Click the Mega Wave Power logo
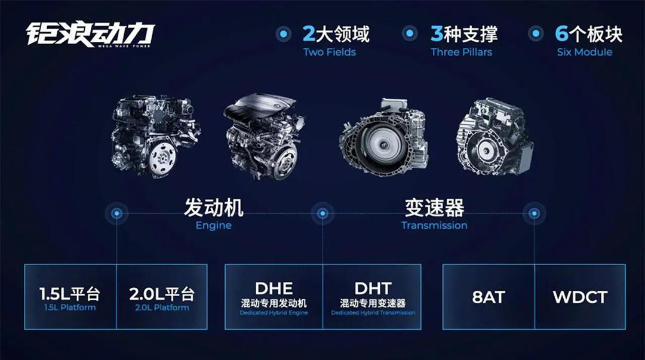[90, 35]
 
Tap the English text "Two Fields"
[330, 53]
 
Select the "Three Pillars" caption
[462, 53]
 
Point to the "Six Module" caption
[585, 53]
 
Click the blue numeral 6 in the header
[561, 34]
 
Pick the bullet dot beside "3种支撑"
[409, 33]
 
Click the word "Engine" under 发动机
[213, 226]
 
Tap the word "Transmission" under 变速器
[434, 226]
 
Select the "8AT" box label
[489, 297]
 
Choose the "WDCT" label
[580, 297]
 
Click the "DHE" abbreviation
[274, 288]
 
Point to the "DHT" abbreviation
[373, 288]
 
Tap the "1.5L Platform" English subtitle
[70, 307]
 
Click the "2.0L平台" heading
[162, 294]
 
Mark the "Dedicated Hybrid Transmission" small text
[373, 313]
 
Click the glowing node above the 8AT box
[534, 213]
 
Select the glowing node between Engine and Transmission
[322, 213]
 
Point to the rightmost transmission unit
[495, 136]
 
